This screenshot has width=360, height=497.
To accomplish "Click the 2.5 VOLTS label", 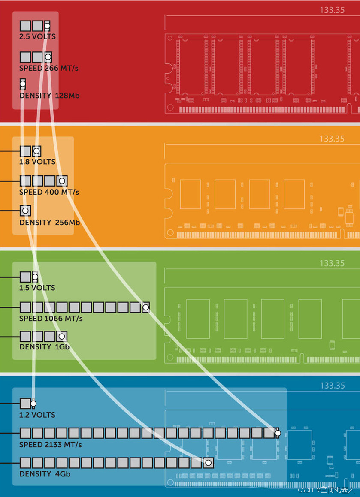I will pyautogui.click(x=37, y=37).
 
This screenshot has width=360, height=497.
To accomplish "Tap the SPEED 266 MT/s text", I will pyautogui.click(x=48, y=68).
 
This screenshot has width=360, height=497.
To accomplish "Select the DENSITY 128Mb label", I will pyautogui.click(x=49, y=96).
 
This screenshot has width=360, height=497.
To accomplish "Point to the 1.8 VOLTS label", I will pyautogui.click(x=37, y=162).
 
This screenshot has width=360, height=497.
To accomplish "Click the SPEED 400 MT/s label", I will pyautogui.click(x=49, y=192).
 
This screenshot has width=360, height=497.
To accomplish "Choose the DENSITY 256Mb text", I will pyautogui.click(x=49, y=223).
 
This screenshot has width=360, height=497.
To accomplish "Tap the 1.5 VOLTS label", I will pyautogui.click(x=37, y=288).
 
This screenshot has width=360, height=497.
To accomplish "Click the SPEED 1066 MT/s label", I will pyautogui.click(x=51, y=319).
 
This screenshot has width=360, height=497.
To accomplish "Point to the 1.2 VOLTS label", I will pyautogui.click(x=37, y=415).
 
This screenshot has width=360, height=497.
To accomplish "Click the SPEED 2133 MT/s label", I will pyautogui.click(x=50, y=445).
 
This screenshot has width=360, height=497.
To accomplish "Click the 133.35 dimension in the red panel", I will pyautogui.click(x=332, y=10).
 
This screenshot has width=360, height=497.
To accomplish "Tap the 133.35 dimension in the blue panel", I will pyautogui.click(x=332, y=386).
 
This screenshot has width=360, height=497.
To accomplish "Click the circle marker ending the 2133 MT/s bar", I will pyautogui.click(x=278, y=433).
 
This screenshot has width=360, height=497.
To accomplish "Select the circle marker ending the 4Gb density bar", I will pyautogui.click(x=209, y=463).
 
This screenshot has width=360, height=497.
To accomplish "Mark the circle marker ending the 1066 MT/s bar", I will pyautogui.click(x=146, y=307).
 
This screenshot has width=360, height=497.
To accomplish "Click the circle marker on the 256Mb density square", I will pyautogui.click(x=25, y=211).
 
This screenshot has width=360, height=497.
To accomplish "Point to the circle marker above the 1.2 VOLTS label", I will pyautogui.click(x=33, y=404).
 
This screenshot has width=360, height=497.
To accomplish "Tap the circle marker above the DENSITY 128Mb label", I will pyautogui.click(x=23, y=84).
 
